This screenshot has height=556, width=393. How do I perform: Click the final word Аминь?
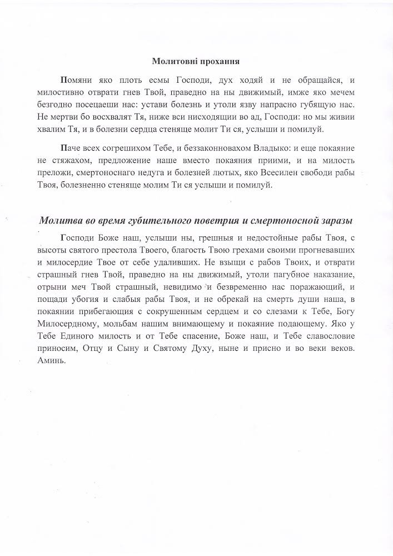[x=53, y=360]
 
